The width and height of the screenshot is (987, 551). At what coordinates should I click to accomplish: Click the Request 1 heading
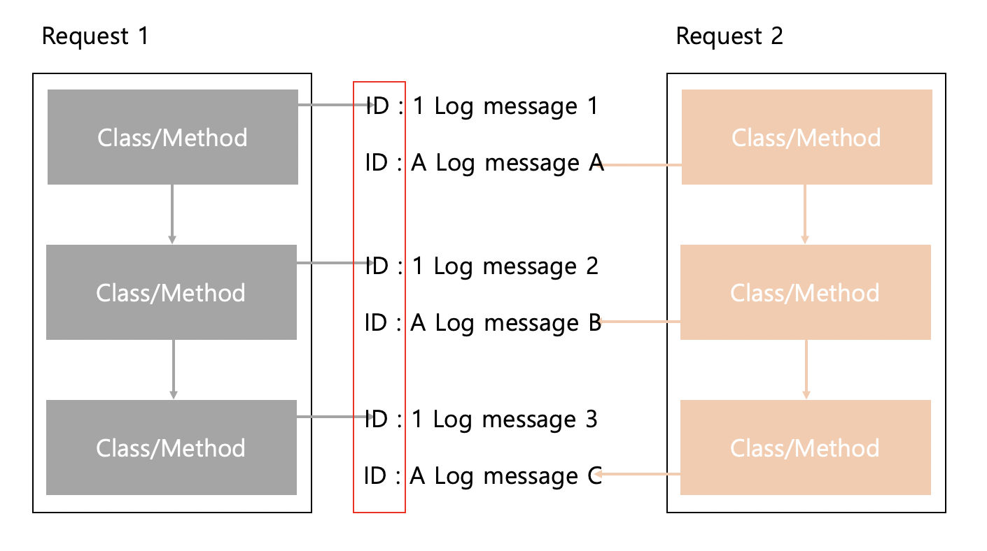95,36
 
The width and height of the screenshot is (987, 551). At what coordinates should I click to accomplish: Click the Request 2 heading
729,36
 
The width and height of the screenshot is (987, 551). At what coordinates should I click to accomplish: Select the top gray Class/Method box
172,137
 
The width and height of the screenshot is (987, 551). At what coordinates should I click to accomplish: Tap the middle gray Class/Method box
171,292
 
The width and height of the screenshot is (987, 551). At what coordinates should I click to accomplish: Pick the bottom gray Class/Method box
171,448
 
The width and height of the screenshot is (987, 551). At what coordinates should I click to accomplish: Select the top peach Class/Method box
806,137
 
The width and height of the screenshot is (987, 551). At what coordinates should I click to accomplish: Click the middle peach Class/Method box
805,292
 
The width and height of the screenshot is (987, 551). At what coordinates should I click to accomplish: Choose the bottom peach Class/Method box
805,448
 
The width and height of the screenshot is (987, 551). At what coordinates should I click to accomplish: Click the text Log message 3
515,420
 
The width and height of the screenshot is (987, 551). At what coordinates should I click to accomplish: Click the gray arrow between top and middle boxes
172,214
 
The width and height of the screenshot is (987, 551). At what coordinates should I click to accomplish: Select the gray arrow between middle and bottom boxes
173,369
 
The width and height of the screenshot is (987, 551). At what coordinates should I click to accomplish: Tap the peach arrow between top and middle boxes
805,214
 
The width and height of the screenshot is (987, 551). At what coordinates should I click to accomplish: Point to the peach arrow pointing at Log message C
638,475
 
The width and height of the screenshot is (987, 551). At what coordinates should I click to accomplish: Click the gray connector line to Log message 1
333,106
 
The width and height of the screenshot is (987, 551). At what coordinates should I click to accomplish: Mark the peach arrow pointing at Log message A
641,165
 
